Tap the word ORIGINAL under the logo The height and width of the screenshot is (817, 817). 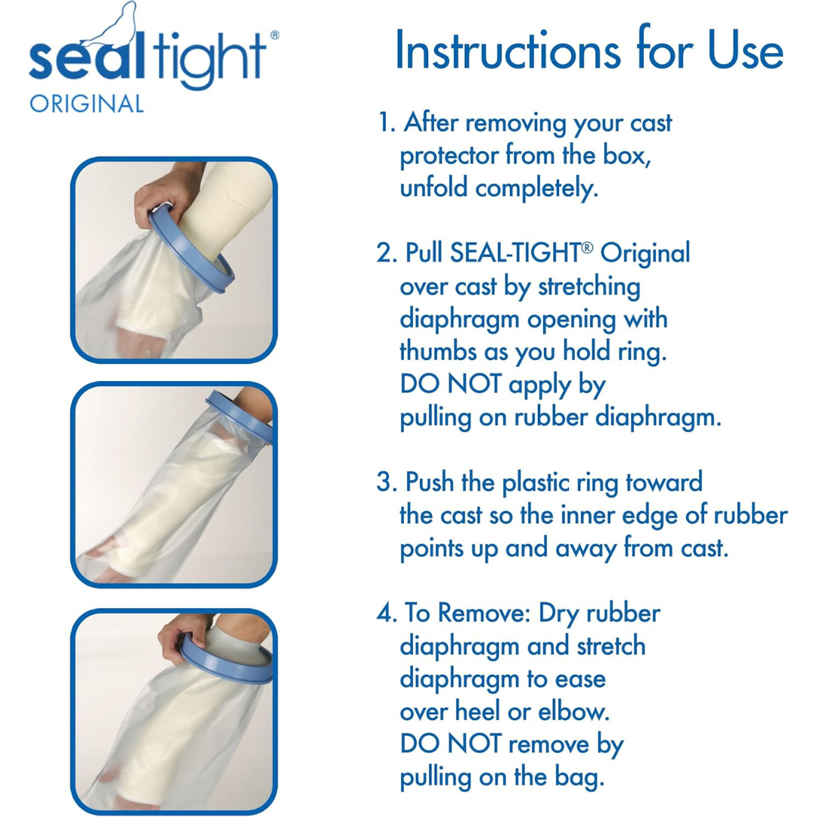(86, 104)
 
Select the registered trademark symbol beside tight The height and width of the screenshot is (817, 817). (275, 35)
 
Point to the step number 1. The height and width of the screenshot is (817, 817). (385, 123)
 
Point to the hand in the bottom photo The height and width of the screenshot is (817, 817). (184, 629)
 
